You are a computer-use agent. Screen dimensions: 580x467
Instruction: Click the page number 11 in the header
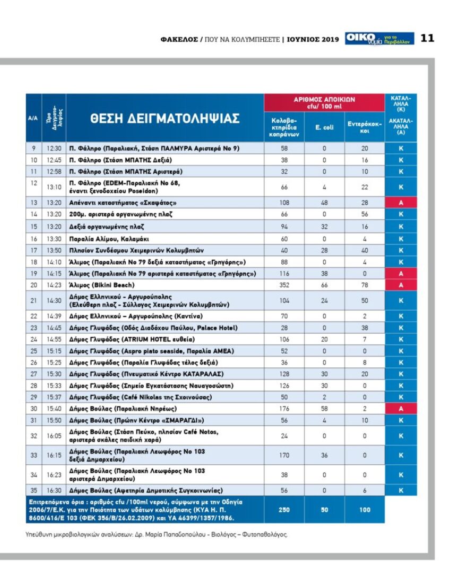427,38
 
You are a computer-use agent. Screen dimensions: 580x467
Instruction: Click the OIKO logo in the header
361,38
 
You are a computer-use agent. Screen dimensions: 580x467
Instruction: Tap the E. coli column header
324,127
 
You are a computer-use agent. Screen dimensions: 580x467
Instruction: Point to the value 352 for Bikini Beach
284,285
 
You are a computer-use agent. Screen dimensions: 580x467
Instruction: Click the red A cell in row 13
401,203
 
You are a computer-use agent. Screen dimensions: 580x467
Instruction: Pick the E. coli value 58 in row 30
324,408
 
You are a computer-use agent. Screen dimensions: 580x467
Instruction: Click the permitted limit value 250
284,509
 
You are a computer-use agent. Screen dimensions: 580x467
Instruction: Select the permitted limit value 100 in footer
365,509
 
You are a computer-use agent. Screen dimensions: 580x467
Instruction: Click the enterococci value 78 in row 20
365,285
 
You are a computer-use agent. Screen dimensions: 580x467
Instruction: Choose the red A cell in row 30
401,408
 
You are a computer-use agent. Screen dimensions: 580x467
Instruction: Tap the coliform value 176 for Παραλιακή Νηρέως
284,408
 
